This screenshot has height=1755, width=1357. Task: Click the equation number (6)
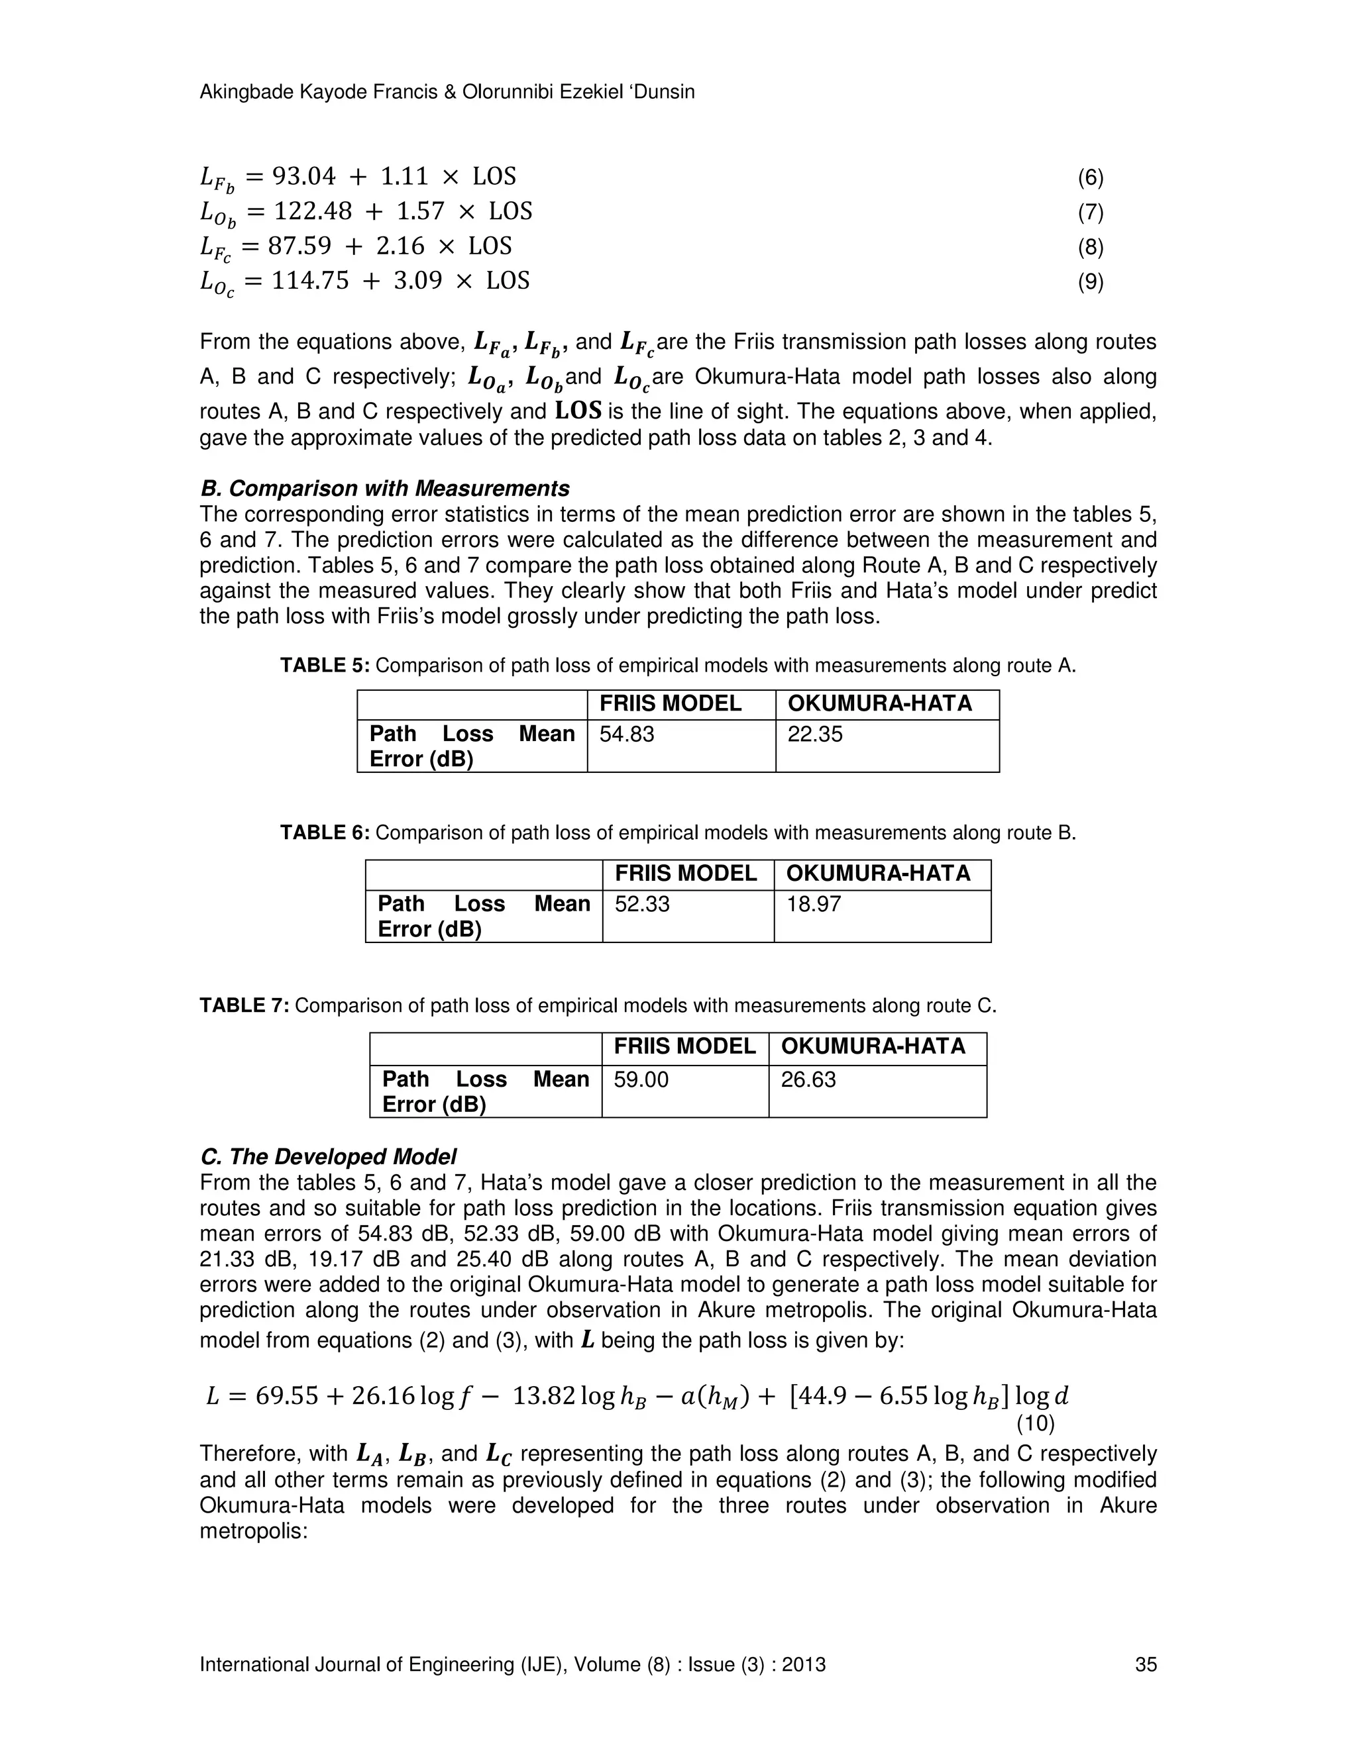click(1090, 178)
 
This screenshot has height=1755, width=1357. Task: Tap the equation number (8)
click(1090, 248)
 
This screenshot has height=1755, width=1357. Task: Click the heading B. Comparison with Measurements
click(384, 489)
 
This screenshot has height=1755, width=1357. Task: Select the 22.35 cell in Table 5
click(815, 734)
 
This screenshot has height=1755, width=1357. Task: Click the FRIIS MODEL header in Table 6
click(686, 874)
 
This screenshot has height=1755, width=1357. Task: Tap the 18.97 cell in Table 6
click(814, 904)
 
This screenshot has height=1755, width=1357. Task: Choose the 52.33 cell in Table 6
click(642, 904)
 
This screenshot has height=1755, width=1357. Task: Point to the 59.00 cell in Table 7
click(641, 1079)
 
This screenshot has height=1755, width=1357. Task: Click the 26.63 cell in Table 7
click(808, 1079)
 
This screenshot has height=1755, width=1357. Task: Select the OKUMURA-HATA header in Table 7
click(873, 1046)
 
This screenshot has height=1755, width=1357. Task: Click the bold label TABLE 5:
click(325, 666)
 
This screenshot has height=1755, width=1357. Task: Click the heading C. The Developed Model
click(328, 1156)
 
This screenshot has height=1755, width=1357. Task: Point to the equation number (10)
click(1036, 1424)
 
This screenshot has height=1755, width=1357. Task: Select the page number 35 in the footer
click(1146, 1664)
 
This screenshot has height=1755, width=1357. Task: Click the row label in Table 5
click(472, 746)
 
